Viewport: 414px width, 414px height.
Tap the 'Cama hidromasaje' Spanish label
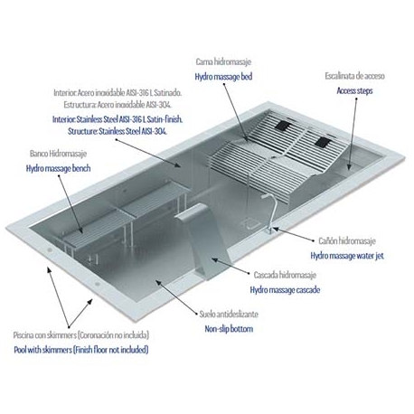tap(224, 61)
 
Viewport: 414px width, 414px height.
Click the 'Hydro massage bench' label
tap(58, 169)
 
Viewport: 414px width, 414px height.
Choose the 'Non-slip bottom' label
tap(227, 330)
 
